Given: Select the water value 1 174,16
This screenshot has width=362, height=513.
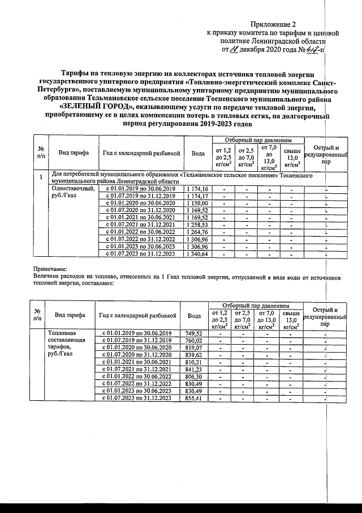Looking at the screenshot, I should tap(197, 189).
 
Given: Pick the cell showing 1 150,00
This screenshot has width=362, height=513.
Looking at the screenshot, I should tap(197, 203).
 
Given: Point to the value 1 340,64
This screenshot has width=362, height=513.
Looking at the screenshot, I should tap(197, 253).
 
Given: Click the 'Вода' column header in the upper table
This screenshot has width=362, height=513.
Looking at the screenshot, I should tap(198, 154).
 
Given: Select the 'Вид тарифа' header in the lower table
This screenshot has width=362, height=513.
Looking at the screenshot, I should tap(70, 315).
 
